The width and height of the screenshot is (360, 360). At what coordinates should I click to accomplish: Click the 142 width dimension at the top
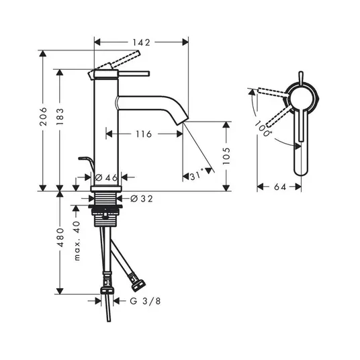[142, 42]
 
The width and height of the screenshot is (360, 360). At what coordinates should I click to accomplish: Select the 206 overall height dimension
[43, 116]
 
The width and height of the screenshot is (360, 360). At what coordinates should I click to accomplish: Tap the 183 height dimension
[60, 116]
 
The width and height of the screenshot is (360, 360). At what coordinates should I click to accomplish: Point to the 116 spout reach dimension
[144, 134]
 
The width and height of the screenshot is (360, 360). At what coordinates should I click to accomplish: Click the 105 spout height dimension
[226, 156]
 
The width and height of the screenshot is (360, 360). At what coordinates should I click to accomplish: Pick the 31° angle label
[197, 176]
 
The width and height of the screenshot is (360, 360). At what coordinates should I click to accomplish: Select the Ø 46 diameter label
[106, 177]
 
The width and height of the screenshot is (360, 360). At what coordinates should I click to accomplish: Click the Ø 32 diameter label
[142, 199]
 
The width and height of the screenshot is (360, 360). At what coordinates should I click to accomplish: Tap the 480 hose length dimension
[60, 237]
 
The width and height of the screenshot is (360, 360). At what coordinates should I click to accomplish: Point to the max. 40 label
[77, 240]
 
